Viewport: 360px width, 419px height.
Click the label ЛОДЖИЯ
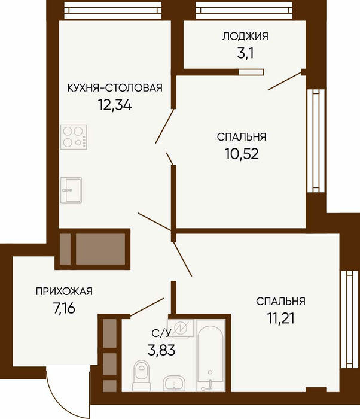point(245,36)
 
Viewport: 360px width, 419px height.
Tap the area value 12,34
point(115,105)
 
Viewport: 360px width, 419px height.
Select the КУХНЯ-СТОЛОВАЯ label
point(115,87)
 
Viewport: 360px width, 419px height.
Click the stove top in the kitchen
point(74,137)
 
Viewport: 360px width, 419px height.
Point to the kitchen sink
point(71,190)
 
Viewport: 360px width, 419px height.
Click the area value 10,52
point(242,154)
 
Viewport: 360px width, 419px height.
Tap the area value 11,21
point(280,318)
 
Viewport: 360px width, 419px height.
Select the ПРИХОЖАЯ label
point(64,292)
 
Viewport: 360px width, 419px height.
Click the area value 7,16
point(64,309)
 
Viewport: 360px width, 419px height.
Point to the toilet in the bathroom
point(142,375)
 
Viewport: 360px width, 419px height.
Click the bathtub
point(210,356)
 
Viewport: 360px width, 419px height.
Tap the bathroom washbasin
point(174,384)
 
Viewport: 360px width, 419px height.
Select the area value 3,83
point(161,350)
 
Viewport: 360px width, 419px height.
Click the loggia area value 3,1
point(245,53)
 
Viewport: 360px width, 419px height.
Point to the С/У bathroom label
point(161,333)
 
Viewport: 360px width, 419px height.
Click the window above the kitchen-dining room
point(112,10)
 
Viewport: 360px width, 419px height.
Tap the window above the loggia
point(244,10)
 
